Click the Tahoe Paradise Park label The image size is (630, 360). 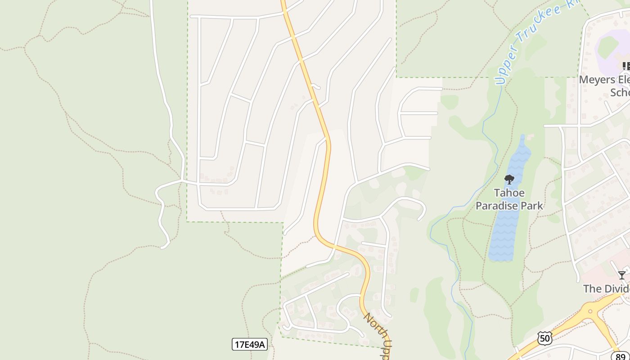(509, 199)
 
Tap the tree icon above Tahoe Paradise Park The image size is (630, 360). (509, 180)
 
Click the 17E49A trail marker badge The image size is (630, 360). (250, 345)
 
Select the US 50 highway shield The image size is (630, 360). (545, 338)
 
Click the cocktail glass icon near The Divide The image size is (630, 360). (621, 275)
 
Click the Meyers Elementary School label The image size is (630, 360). (604, 85)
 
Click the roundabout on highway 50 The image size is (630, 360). (590, 311)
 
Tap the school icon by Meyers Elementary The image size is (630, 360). (626, 66)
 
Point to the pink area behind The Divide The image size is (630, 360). (603, 270)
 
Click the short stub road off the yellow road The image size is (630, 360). (315, 86)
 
